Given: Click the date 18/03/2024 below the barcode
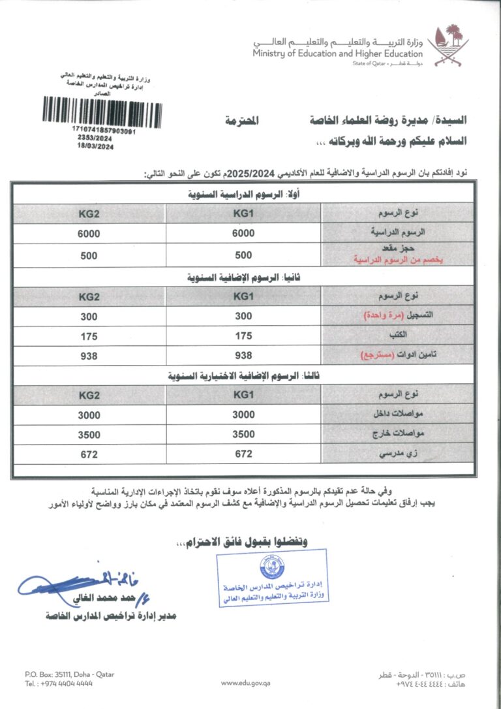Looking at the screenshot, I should [95, 147].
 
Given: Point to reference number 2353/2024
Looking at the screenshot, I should [95, 139].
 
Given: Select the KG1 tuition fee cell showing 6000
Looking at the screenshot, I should [243, 233].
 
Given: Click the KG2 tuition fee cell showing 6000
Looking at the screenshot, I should [89, 233].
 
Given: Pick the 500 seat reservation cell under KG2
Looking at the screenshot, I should [89, 256].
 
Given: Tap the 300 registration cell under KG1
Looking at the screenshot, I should [243, 317].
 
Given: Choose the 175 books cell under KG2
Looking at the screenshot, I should [89, 336].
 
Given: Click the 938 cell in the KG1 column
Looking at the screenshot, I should [243, 356].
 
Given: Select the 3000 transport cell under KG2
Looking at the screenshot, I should [89, 415].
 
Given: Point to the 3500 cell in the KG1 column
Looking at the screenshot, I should [243, 435].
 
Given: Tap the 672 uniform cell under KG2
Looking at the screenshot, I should [89, 454].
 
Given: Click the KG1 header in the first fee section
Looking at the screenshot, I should [243, 213].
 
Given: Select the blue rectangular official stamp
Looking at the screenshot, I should [272, 578].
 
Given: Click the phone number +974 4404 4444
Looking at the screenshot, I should [59, 683].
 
